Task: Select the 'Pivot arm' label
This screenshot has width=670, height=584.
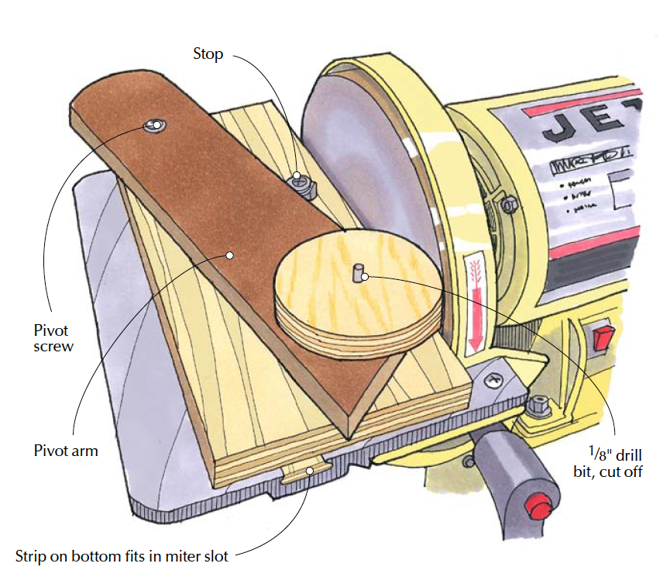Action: pos(66,450)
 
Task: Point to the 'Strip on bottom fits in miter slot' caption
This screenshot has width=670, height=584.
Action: pos(124,556)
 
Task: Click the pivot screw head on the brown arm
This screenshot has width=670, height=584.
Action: pos(156,125)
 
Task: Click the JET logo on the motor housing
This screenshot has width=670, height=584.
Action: pos(589,124)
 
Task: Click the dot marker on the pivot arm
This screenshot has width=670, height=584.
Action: pos(229,254)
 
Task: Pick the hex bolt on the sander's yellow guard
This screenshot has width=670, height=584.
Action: pos(509,206)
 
